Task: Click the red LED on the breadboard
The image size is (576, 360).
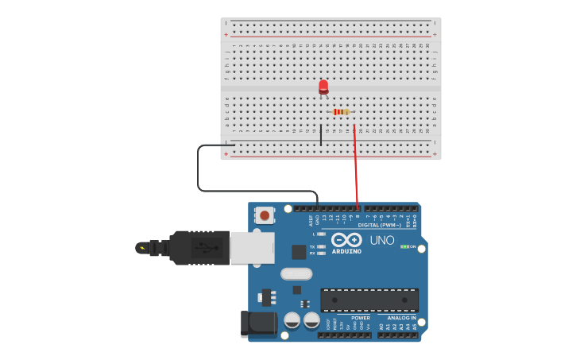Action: [x=323, y=86]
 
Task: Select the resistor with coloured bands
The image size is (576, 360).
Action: [x=342, y=112]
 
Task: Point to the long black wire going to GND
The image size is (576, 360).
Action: [x=199, y=168]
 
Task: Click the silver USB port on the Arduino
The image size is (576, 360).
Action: [x=253, y=247]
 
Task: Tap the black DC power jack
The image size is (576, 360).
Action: [x=257, y=323]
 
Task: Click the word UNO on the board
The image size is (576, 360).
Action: [x=382, y=240]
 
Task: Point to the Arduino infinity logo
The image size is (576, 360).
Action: [x=346, y=239]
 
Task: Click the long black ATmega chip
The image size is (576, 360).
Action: [x=369, y=300]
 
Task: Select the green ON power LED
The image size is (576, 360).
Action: [x=404, y=247]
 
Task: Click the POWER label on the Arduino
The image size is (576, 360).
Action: [x=360, y=318]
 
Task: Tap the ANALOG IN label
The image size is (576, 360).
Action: [x=401, y=318]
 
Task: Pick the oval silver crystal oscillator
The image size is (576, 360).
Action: [x=296, y=274]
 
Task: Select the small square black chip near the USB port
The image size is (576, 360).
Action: [x=299, y=252]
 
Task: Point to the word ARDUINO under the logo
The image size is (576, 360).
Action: [x=346, y=252]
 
